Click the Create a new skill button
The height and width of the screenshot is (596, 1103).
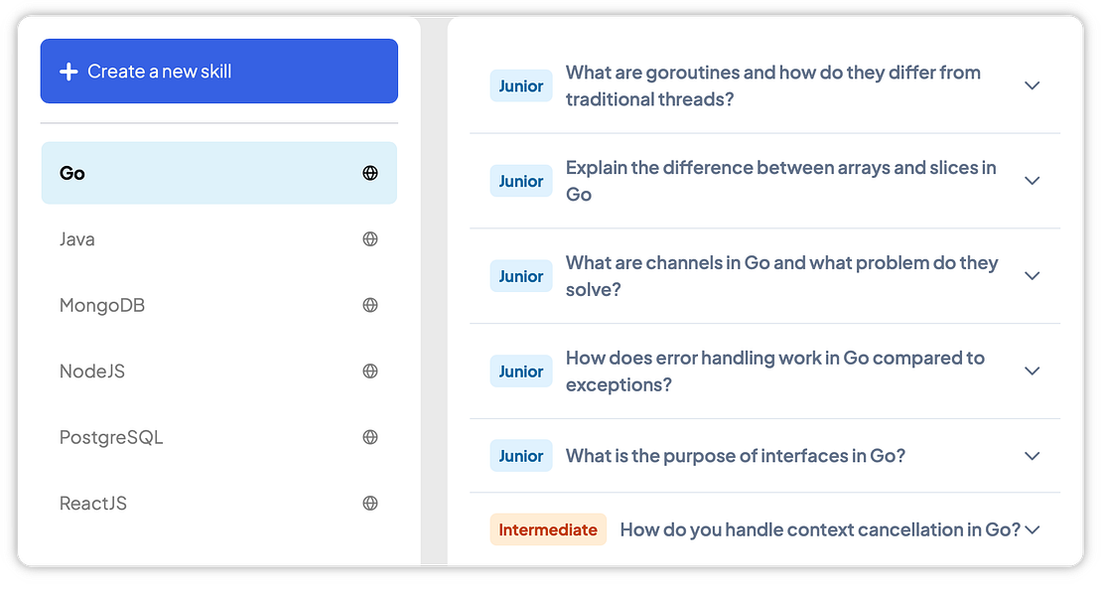tap(218, 72)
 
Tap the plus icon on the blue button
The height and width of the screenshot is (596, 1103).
tap(69, 72)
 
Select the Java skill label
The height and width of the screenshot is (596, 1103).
tap(76, 239)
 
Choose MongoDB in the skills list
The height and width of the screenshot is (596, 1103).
tap(102, 305)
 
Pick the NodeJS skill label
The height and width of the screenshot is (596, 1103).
tap(92, 372)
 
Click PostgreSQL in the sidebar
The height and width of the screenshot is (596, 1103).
tap(111, 438)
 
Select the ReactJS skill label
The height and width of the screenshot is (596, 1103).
tap(93, 504)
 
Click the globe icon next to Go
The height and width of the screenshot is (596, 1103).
tap(370, 173)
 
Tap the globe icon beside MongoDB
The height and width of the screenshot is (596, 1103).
tap(370, 305)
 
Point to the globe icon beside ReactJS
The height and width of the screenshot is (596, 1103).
tap(370, 503)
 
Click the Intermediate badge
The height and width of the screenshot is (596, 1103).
tap(548, 529)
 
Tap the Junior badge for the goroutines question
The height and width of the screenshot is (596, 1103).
tap(521, 85)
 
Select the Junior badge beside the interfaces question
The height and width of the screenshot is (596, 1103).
tap(521, 456)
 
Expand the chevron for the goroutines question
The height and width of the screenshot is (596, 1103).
tap(1032, 85)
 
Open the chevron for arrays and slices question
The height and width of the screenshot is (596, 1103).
tap(1032, 181)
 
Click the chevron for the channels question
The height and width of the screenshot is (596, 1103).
tap(1032, 276)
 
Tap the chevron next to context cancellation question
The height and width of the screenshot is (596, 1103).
tap(1032, 529)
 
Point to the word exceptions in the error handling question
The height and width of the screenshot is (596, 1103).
tap(620, 384)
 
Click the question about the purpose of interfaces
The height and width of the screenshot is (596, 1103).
tap(735, 456)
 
